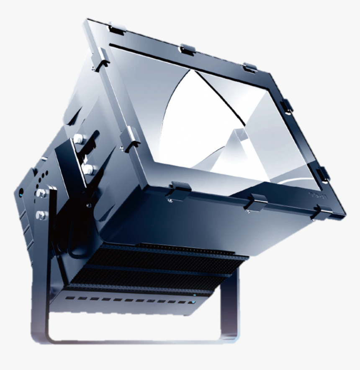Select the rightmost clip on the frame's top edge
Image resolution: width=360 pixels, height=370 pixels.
coord(250,67)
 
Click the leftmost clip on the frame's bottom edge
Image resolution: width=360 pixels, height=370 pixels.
coord(179,190)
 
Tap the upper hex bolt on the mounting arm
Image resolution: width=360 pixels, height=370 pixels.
coord(41,193)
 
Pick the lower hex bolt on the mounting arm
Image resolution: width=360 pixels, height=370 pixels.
coord(41,215)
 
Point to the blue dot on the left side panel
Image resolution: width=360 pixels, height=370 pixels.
coord(21,193)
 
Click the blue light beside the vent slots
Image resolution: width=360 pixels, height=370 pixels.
coord(193,302)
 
